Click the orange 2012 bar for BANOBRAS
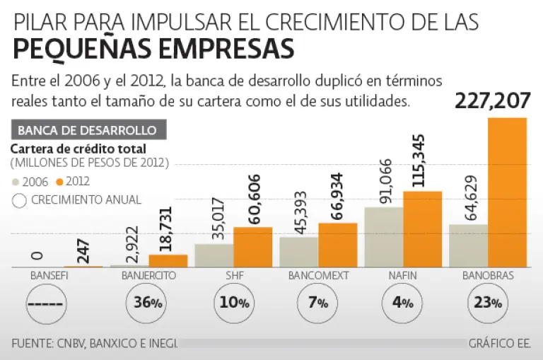507,192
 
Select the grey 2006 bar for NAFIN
383,237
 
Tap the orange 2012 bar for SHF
252,247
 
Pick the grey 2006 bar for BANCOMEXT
298,252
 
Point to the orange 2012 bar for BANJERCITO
168,260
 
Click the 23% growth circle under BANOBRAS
488,303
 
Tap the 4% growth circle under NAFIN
402,303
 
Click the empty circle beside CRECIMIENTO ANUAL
19,200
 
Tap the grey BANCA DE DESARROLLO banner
88,130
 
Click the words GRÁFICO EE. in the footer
499,343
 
